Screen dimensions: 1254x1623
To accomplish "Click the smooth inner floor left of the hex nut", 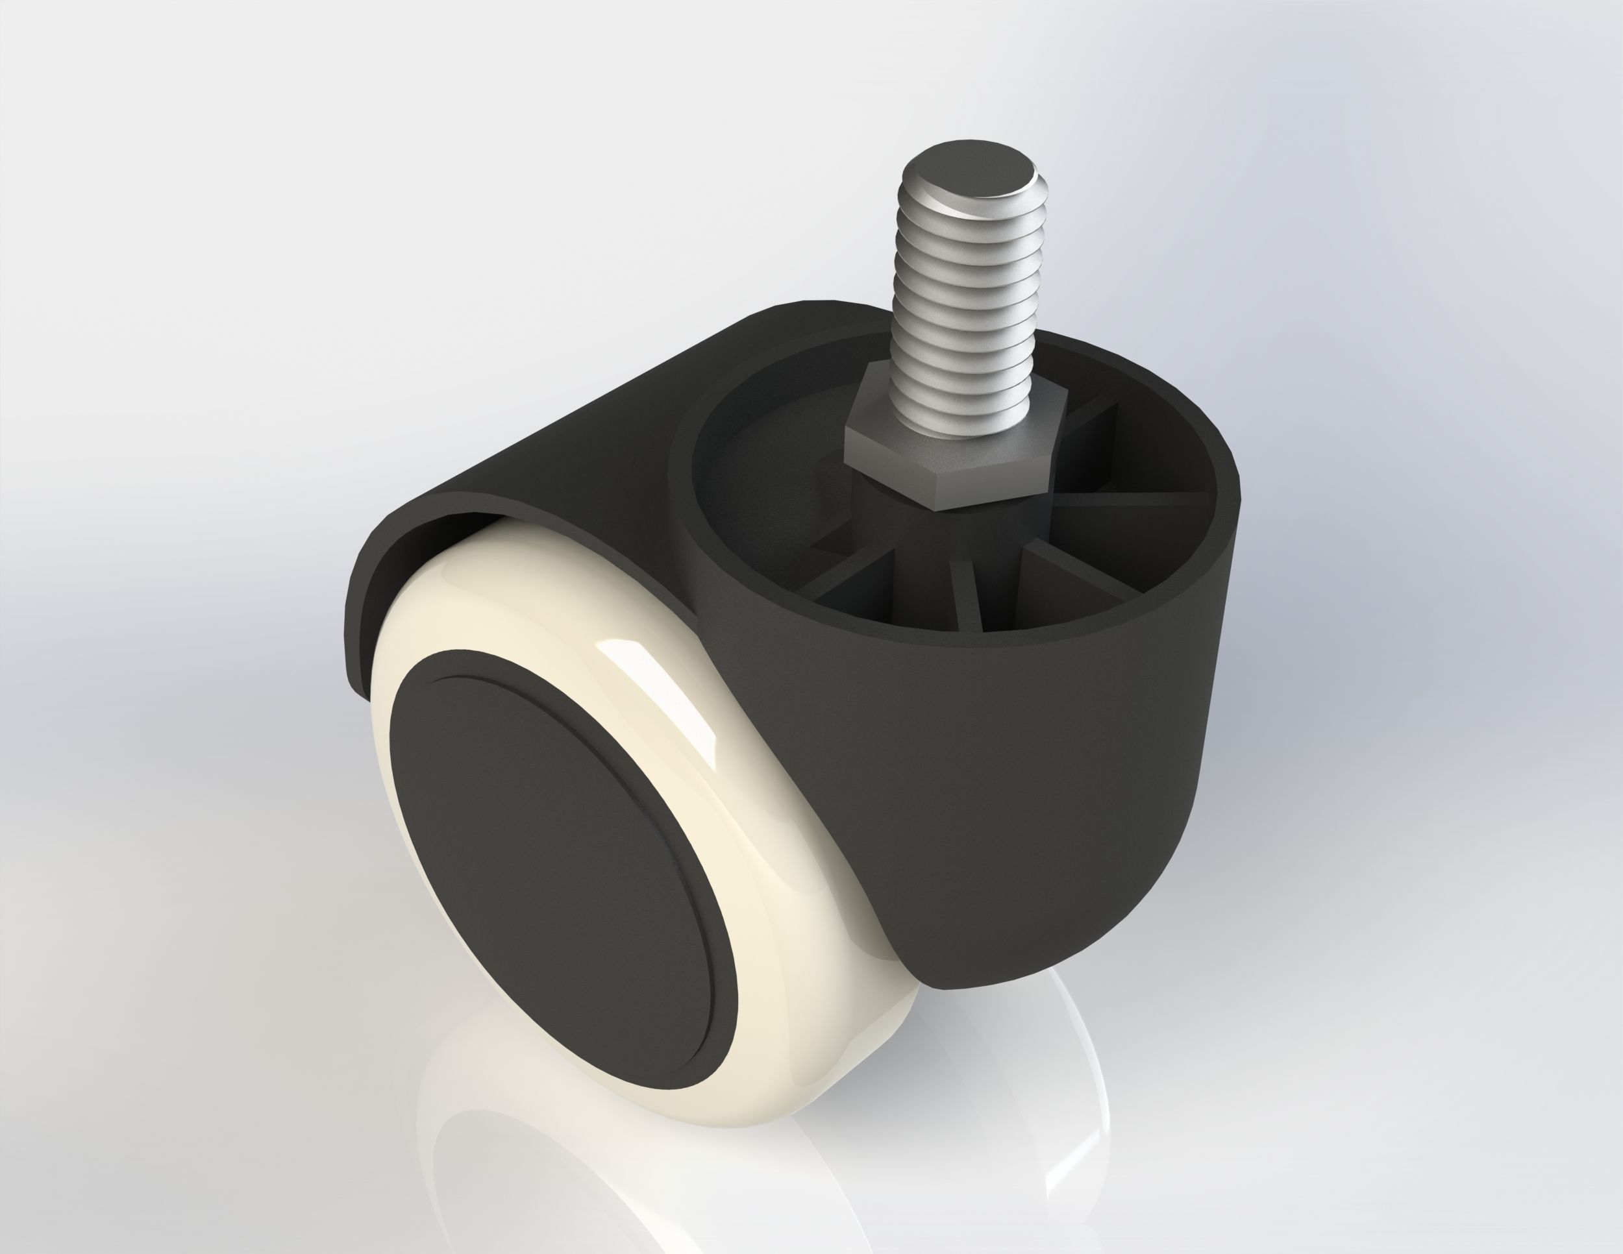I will point(765,476).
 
